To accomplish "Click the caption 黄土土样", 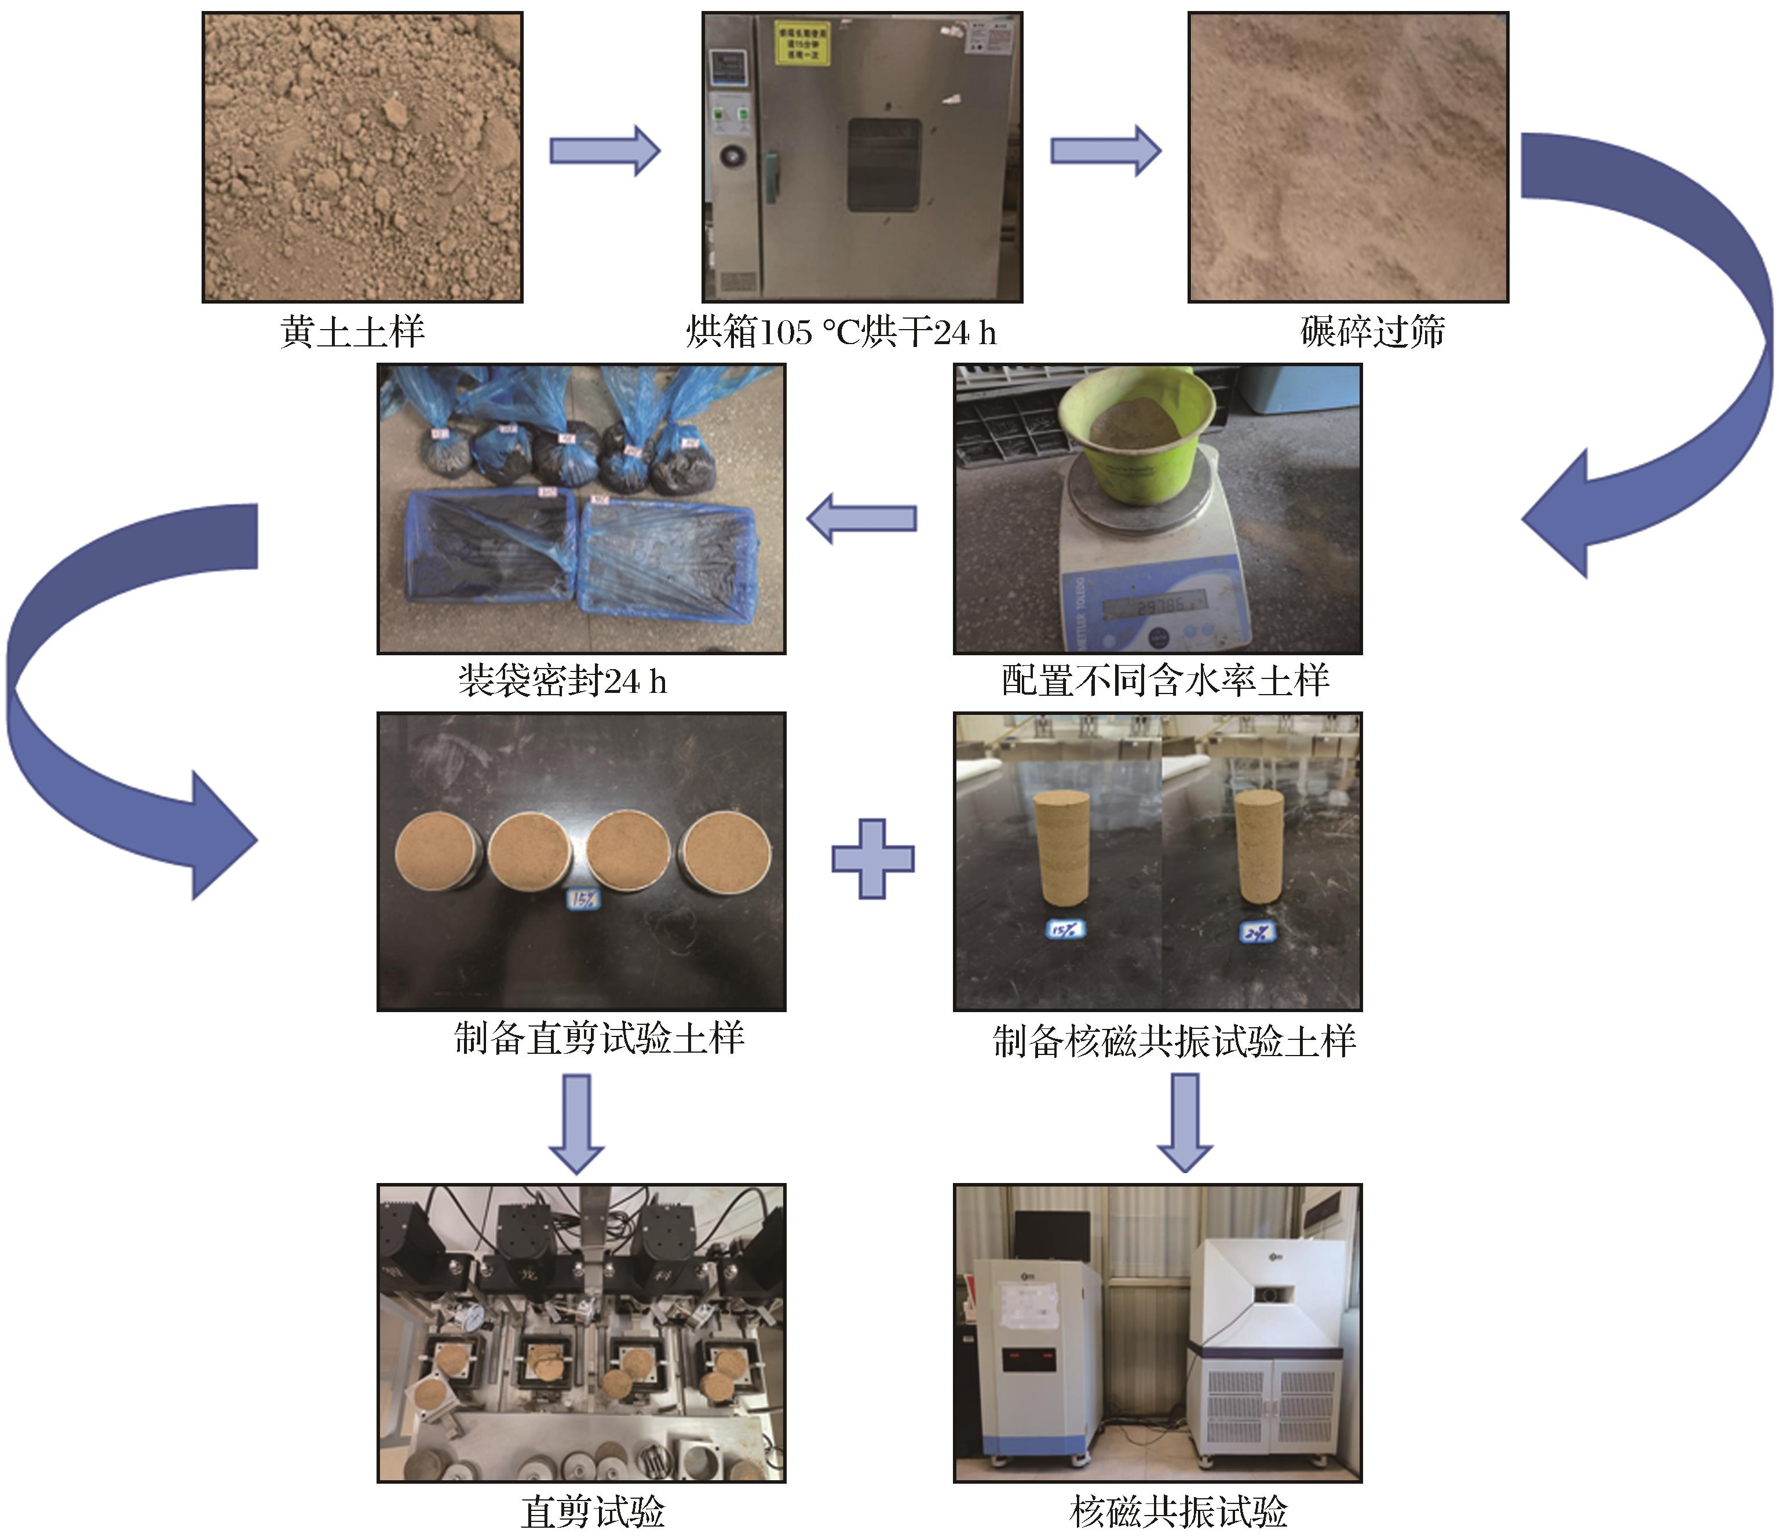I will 352,331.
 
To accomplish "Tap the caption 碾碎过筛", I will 1372,331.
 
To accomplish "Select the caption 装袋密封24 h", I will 562,681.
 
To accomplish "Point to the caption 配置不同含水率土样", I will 1165,681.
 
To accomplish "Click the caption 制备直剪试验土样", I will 598,1038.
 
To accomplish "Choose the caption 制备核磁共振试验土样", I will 1174,1041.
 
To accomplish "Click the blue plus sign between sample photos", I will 872,859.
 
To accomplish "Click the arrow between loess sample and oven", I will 604,151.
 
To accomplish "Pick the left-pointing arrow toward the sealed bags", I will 862,518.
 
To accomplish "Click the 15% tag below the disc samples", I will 583,899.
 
